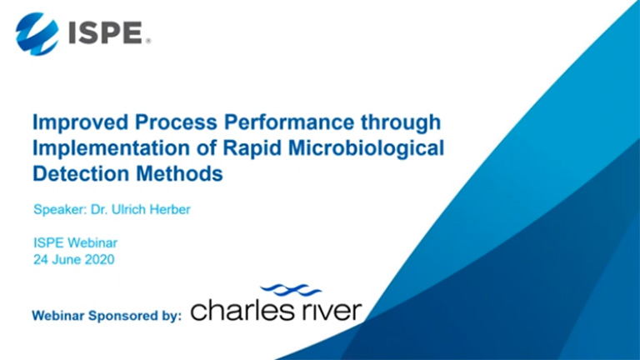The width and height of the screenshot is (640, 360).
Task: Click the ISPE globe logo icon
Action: click(37, 34)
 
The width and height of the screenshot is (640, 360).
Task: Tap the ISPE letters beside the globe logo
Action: click(106, 33)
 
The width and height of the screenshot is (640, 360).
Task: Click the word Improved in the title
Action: click(81, 122)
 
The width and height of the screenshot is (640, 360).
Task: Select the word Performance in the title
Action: click(289, 122)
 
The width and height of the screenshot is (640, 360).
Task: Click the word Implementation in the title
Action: click(111, 148)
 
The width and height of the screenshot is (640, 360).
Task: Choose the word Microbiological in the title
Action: click(366, 148)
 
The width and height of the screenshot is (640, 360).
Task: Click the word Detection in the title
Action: click(81, 173)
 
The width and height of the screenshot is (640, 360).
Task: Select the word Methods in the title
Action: click(180, 173)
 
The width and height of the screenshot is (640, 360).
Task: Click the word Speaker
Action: click(60, 210)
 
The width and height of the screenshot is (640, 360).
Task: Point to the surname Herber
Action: click(170, 209)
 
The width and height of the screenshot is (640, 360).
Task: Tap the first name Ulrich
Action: click(128, 209)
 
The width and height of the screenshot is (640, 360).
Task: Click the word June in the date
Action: click(62, 260)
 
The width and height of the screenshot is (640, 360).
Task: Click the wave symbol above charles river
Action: click(291, 290)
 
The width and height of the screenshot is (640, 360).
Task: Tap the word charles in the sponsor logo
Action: click(241, 310)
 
